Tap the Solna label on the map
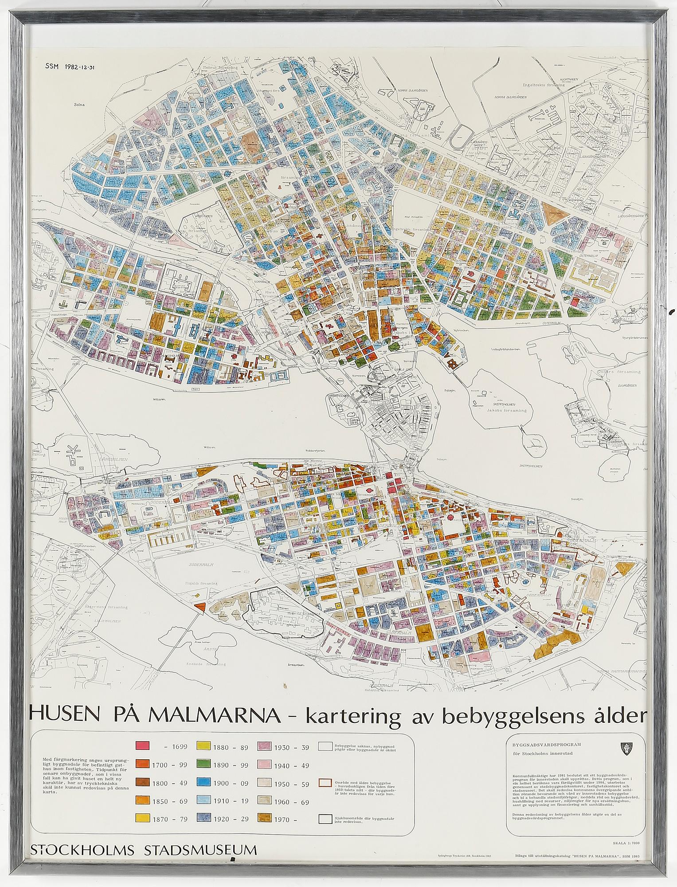click(x=79, y=106)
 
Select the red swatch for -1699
click(x=143, y=746)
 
